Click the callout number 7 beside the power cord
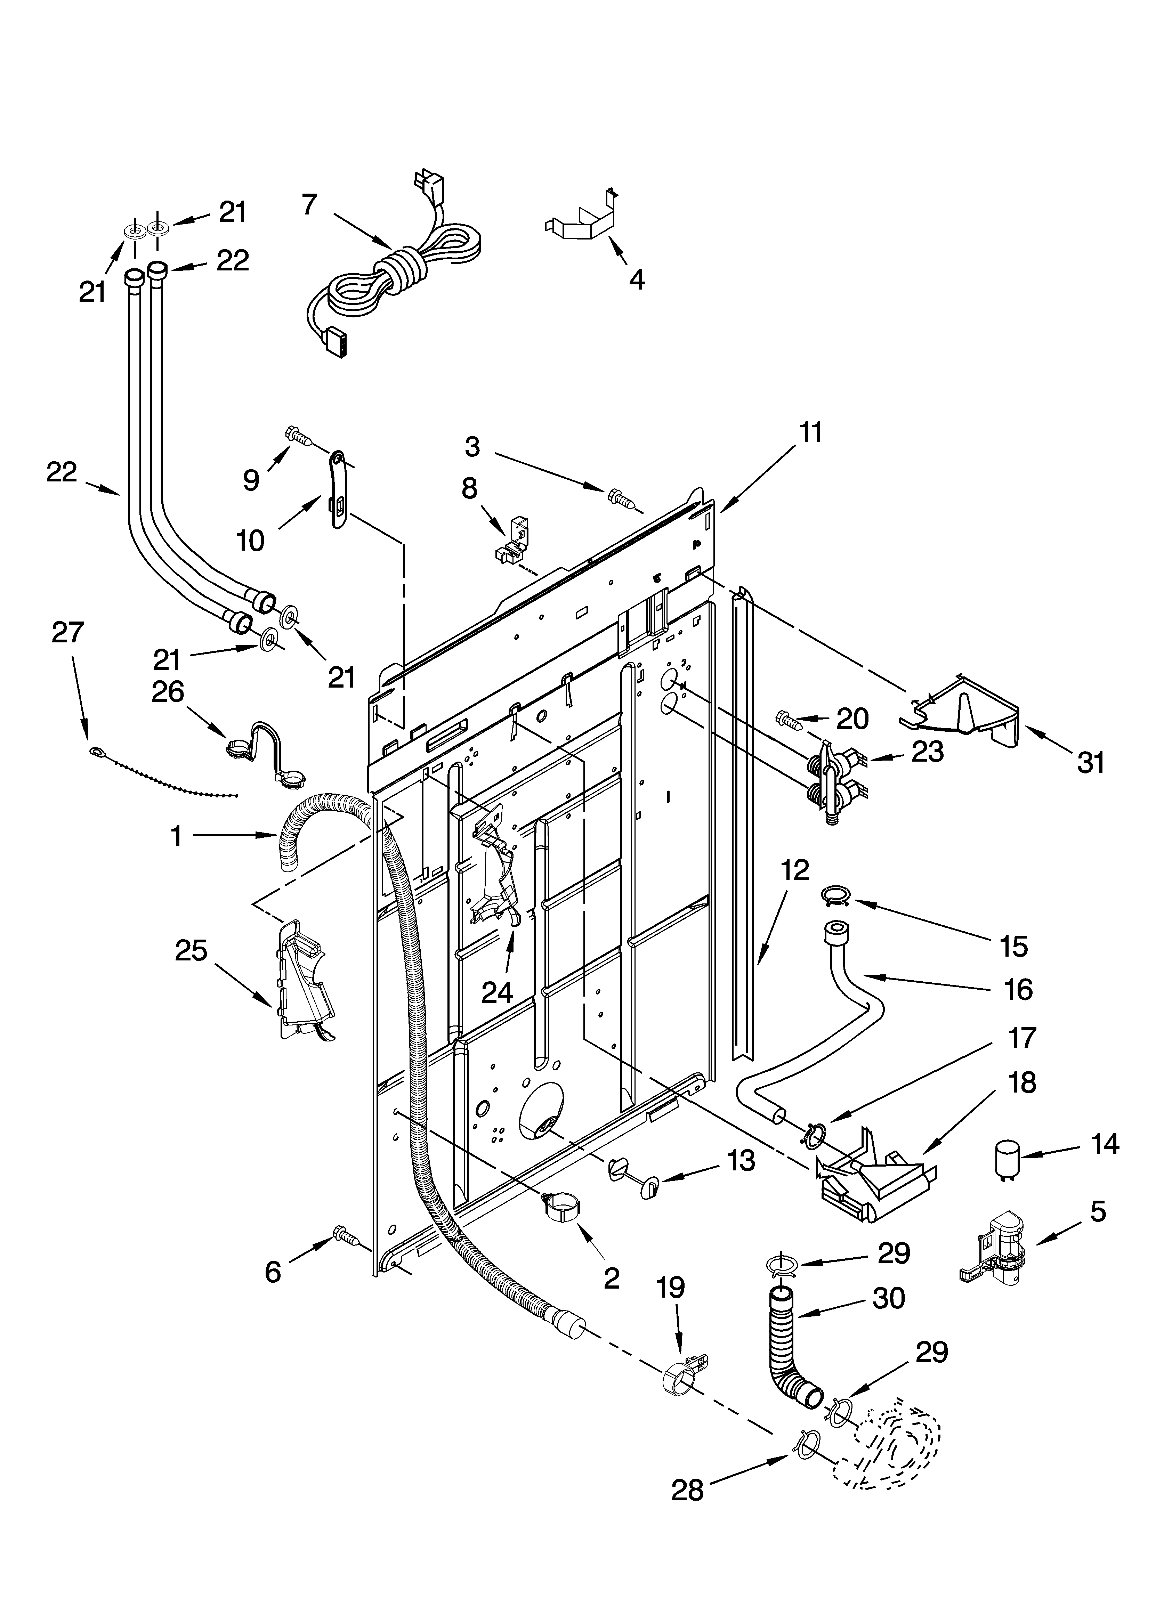click(x=309, y=205)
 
